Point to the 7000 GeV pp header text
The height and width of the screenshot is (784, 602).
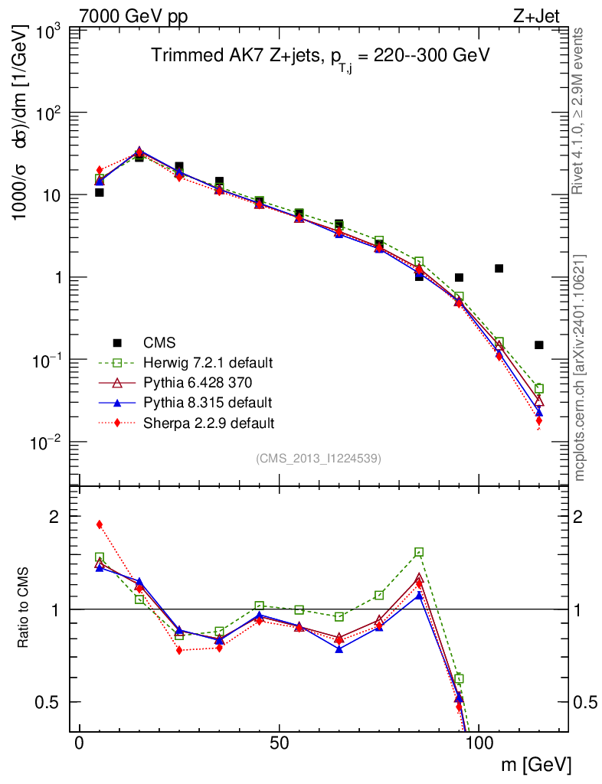pos(134,16)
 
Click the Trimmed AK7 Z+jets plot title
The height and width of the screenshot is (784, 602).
pos(320,57)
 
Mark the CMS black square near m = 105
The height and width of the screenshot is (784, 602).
pos(499,268)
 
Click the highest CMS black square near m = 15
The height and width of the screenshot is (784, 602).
pos(139,157)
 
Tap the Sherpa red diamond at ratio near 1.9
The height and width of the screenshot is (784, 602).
pos(100,524)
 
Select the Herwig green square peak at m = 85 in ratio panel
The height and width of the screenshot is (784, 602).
pos(419,552)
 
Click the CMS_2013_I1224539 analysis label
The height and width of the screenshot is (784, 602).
pos(319,459)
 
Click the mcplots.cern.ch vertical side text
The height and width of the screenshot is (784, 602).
pos(580,367)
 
